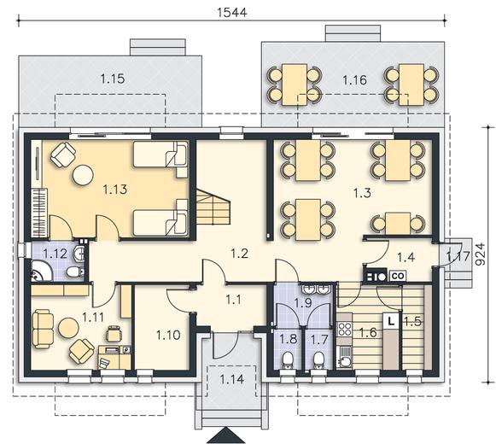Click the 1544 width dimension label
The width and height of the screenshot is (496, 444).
(232, 12)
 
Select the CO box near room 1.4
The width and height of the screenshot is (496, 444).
(398, 276)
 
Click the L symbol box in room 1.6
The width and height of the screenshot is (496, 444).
(391, 322)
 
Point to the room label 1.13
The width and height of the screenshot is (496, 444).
(115, 190)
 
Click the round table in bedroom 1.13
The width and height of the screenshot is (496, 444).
(83, 175)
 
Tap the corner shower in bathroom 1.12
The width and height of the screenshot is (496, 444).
(42, 271)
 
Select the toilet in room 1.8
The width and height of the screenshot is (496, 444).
(288, 361)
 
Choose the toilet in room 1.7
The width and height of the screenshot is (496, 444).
(318, 361)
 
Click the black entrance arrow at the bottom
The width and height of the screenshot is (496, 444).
(226, 436)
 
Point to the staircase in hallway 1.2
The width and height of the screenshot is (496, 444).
(213, 207)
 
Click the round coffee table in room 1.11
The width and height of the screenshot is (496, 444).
(68, 328)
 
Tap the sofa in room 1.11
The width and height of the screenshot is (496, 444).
(43, 329)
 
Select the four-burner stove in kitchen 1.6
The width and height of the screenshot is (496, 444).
(345, 329)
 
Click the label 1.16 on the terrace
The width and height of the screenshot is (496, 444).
(355, 80)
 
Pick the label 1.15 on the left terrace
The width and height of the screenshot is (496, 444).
(113, 79)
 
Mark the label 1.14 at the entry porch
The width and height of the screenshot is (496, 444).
(232, 379)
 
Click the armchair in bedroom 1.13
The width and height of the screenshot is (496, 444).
(63, 155)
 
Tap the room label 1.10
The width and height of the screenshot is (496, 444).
(168, 336)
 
